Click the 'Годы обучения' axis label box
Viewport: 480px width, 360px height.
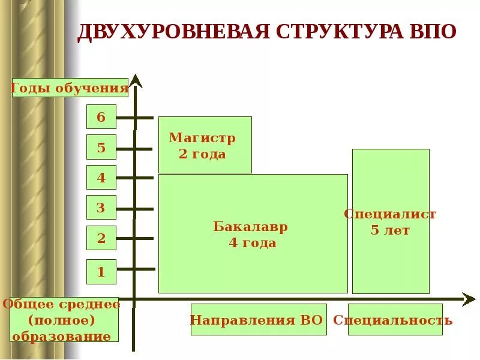(x=70, y=88)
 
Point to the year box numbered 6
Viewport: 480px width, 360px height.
(x=101, y=117)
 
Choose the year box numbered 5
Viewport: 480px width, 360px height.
(x=101, y=147)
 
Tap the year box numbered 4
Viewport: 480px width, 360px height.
(x=101, y=178)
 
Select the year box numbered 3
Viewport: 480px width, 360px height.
(x=101, y=208)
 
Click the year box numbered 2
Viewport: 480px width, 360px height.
(x=101, y=239)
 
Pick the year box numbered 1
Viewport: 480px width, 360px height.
(x=101, y=272)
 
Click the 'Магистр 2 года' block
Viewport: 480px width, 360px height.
(x=205, y=145)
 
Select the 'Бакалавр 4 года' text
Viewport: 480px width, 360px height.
(x=251, y=235)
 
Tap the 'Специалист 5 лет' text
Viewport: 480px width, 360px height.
(x=390, y=221)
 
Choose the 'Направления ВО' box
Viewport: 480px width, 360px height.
(x=258, y=320)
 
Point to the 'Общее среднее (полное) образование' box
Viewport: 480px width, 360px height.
(x=61, y=320)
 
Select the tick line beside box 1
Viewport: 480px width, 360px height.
(x=136, y=269)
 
